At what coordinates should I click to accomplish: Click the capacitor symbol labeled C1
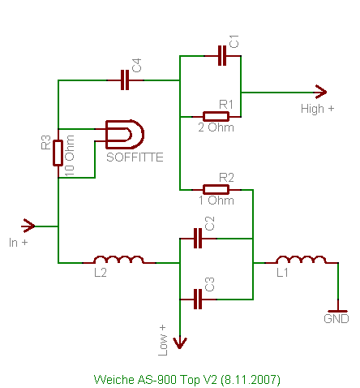pyautogui.click(x=222, y=56)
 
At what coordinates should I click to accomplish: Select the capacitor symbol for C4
pyautogui.click(x=125, y=80)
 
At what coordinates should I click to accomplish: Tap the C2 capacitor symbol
pyautogui.click(x=198, y=239)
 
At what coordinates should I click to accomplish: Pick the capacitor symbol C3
pyautogui.click(x=198, y=300)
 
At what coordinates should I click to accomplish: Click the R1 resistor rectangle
pyautogui.click(x=216, y=117)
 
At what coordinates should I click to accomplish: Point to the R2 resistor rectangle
pyautogui.click(x=216, y=190)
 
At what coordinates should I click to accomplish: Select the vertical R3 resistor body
pyautogui.click(x=58, y=153)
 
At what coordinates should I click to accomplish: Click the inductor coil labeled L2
pyautogui.click(x=118, y=260)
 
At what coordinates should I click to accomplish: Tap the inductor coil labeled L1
pyautogui.click(x=301, y=260)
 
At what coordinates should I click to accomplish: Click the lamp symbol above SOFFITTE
pyautogui.click(x=125, y=135)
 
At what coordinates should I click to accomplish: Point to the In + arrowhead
pyautogui.click(x=29, y=226)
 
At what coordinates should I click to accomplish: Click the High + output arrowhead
pyautogui.click(x=320, y=92)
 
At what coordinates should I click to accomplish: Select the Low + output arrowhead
pyautogui.click(x=180, y=343)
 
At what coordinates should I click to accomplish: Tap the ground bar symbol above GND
pyautogui.click(x=337, y=312)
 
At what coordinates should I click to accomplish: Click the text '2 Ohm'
pyautogui.click(x=216, y=127)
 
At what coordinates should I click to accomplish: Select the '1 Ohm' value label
pyautogui.click(x=216, y=200)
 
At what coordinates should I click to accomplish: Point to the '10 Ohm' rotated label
pyautogui.click(x=70, y=156)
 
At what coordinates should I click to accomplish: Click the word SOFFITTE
pyautogui.click(x=135, y=157)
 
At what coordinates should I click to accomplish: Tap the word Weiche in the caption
pyautogui.click(x=114, y=380)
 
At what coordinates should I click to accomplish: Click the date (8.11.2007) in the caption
pyautogui.click(x=251, y=380)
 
